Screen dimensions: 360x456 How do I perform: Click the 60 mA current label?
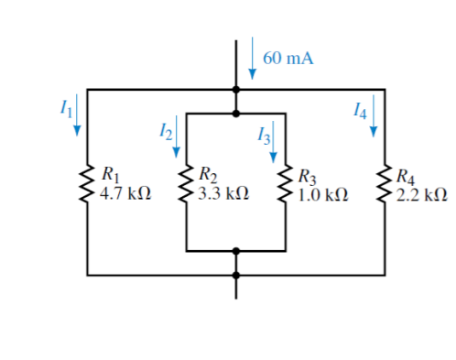click(x=288, y=59)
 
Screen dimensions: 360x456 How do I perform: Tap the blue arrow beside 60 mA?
click(x=252, y=59)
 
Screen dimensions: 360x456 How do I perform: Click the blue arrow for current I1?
click(x=77, y=114)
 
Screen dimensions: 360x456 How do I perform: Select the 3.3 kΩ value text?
click(x=224, y=194)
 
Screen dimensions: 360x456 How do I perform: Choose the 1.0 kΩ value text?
click(x=324, y=194)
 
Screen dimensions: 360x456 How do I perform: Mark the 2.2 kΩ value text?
click(x=422, y=194)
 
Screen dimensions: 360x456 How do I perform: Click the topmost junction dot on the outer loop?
click(x=237, y=90)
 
